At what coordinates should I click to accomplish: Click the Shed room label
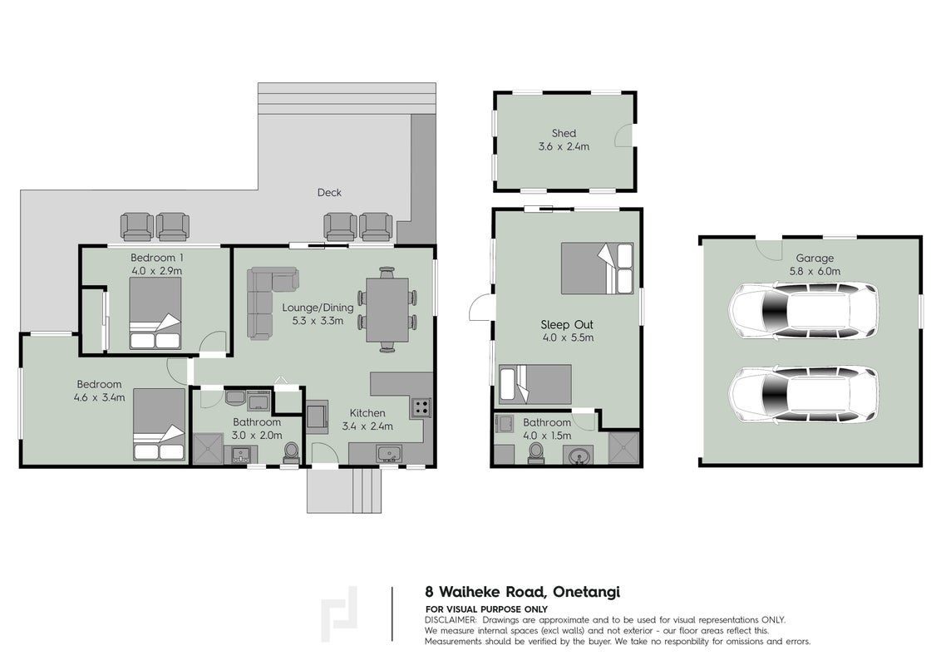tap(564, 133)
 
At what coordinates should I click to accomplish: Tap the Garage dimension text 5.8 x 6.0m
tap(815, 271)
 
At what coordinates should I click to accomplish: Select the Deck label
tap(329, 193)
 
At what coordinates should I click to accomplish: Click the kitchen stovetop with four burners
tap(421, 407)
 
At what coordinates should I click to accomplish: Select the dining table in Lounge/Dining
tap(387, 310)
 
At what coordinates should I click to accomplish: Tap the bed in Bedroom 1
tap(155, 313)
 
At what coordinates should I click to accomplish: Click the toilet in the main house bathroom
tap(291, 453)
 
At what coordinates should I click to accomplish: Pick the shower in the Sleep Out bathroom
tap(623, 448)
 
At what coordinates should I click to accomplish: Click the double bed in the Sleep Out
tap(598, 268)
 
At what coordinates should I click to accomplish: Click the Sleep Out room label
tap(567, 325)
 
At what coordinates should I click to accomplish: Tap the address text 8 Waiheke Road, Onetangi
tap(522, 592)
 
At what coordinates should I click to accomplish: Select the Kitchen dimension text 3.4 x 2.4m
tap(367, 426)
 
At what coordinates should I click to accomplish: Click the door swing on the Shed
tap(623, 135)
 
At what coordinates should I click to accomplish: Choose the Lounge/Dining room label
tap(318, 308)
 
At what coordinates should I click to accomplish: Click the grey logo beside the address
tap(339, 614)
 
